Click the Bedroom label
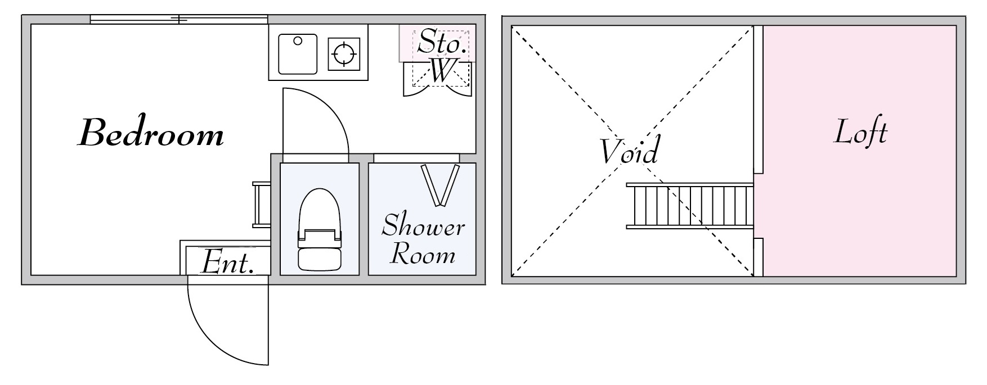point(150,134)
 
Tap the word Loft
point(860,133)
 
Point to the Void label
point(629,151)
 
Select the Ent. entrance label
point(227,262)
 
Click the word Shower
point(424,227)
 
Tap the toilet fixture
point(320,229)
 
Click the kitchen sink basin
point(298,54)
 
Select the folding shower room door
point(441,185)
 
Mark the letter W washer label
point(442,71)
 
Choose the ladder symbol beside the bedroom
point(261,205)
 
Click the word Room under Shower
point(423,254)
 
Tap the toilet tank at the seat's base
point(320,257)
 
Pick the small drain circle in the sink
point(298,40)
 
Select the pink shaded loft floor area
point(860,151)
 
